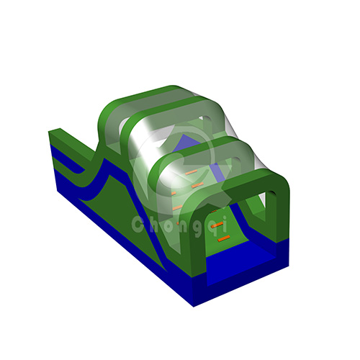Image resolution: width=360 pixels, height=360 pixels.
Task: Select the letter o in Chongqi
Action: pos(168,226)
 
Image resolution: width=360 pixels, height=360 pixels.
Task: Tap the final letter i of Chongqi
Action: pos(224,224)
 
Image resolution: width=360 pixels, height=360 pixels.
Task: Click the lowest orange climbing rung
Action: pos(224,238)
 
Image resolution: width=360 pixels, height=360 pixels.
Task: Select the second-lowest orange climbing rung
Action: pos(217,225)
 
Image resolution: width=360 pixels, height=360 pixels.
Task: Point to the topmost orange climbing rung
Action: pos(191,172)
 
